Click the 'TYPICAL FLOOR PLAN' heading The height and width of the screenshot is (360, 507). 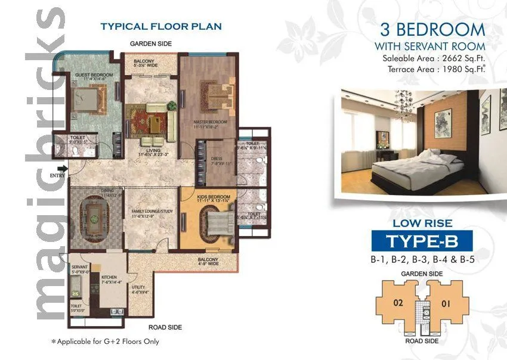tap(161, 26)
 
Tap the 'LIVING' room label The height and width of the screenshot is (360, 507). tap(154, 151)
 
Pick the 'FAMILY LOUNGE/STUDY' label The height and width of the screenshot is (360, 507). tap(152, 211)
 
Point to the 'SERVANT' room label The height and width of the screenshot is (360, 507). tap(80, 267)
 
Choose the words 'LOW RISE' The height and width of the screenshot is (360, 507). tap(422, 223)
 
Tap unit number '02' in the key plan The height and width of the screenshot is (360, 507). tap(398, 302)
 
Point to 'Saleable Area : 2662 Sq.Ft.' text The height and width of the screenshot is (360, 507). tap(434, 58)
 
